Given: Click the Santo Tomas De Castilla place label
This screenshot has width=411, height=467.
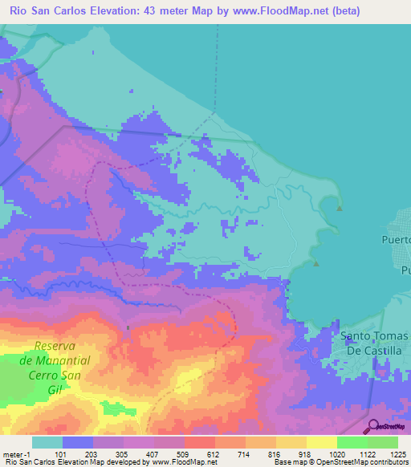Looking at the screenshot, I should (x=375, y=343).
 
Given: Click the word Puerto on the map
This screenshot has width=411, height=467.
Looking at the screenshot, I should (x=394, y=239).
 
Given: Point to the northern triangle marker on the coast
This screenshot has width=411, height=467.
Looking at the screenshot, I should (x=340, y=209).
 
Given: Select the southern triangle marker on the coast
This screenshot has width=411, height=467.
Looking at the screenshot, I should (x=316, y=263).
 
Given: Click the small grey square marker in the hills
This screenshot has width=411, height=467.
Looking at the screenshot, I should (x=128, y=327).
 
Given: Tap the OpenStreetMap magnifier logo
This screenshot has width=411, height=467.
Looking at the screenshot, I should (x=371, y=427).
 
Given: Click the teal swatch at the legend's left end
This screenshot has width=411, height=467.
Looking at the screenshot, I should (x=47, y=442).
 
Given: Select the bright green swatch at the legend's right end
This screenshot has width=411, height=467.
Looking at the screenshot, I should (x=383, y=442).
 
